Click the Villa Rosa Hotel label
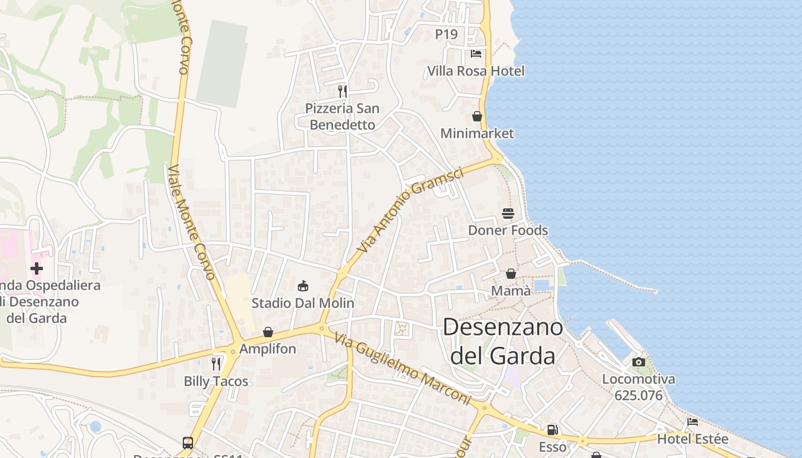click(x=475, y=71)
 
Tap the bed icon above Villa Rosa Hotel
click(x=475, y=54)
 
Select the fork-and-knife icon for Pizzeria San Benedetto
click(x=342, y=91)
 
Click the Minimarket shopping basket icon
click(x=477, y=116)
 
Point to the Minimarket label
click(x=477, y=133)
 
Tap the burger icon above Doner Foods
click(x=508, y=214)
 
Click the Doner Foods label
click(x=508, y=230)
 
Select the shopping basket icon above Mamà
click(x=510, y=274)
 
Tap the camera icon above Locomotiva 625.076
click(x=638, y=362)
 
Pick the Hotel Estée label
click(x=692, y=439)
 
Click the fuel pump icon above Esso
click(x=552, y=429)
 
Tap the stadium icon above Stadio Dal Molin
click(x=303, y=286)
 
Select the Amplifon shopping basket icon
click(x=268, y=332)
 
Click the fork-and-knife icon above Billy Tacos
click(x=216, y=364)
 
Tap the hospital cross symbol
click(x=37, y=269)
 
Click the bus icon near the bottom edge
click(x=188, y=443)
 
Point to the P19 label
click(x=446, y=34)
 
